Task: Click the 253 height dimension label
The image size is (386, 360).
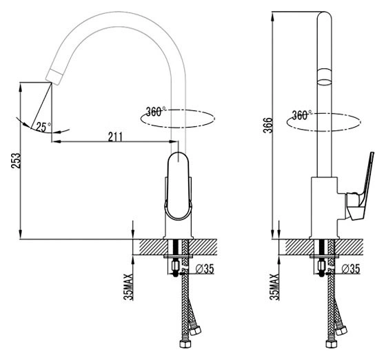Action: pyautogui.click(x=15, y=161)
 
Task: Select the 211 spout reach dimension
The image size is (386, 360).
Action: pyautogui.click(x=115, y=137)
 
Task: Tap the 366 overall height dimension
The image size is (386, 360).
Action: pyautogui.click(x=268, y=126)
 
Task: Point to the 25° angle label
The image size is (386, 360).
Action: pyautogui.click(x=43, y=127)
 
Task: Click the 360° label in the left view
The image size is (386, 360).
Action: pyautogui.click(x=156, y=112)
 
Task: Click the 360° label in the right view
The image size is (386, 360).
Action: pyautogui.click(x=302, y=115)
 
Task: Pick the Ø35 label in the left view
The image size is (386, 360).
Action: pyautogui.click(x=205, y=268)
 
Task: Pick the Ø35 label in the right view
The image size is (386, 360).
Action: pyautogui.click(x=351, y=268)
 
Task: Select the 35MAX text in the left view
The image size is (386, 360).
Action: pyautogui.click(x=128, y=287)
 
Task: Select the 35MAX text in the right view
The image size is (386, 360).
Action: pyautogui.click(x=274, y=287)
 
